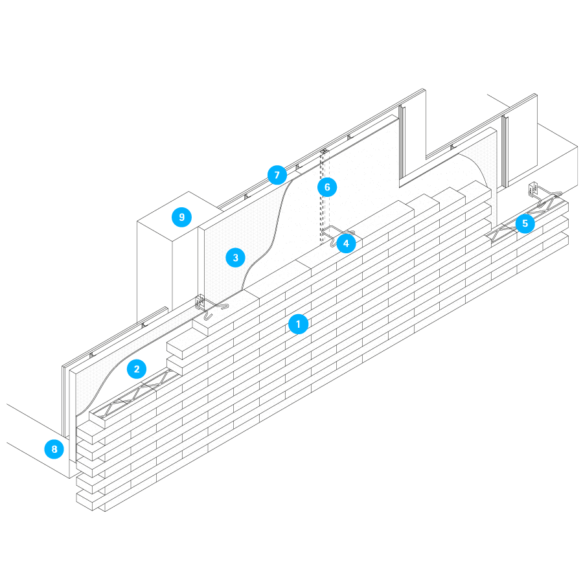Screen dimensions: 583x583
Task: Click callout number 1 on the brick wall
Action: [298, 323]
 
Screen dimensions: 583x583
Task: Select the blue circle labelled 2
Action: [136, 369]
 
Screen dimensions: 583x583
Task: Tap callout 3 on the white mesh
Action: [235, 258]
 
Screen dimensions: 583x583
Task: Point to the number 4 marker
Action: [346, 244]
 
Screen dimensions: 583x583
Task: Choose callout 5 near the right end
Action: [525, 224]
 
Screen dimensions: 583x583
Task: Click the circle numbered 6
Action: [327, 188]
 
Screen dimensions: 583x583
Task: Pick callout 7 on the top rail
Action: [277, 175]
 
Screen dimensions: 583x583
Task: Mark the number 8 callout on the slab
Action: [54, 449]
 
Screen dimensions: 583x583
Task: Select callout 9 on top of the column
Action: [182, 217]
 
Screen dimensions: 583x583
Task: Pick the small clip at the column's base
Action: [199, 302]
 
